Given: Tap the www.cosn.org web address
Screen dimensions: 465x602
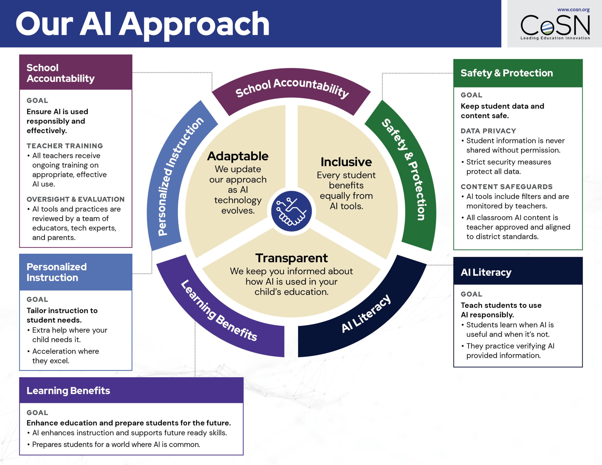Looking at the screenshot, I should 573,10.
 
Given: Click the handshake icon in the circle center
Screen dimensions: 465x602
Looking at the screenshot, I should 291,211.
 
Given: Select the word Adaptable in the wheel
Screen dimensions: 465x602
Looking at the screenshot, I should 238,156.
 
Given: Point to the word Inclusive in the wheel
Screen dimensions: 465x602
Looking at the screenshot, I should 346,162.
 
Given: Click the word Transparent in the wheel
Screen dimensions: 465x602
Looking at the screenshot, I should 291,258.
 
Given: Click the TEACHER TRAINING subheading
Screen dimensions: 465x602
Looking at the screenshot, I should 65,146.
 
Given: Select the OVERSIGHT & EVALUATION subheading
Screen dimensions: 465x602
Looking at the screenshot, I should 76,199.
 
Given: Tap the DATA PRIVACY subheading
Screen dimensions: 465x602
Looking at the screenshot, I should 488,131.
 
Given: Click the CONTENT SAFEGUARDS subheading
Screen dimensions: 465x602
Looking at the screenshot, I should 506,187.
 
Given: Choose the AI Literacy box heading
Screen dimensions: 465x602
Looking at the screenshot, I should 486,272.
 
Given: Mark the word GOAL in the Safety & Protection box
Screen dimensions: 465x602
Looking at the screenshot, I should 471,95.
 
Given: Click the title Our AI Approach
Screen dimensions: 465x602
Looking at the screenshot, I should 142,24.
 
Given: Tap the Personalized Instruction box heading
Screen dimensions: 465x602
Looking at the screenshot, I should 56,272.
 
